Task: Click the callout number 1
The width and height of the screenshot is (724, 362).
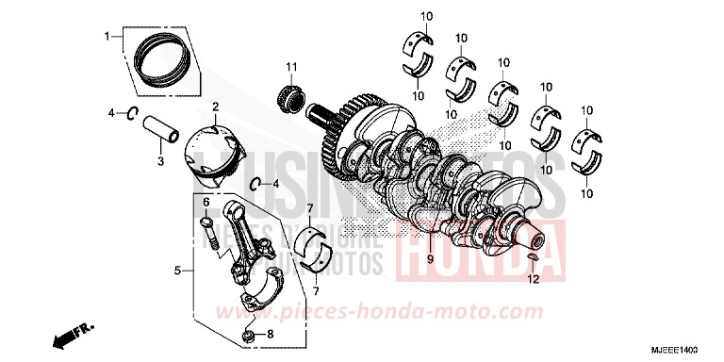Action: tap(107, 37)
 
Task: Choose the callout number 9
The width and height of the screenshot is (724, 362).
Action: tap(429, 258)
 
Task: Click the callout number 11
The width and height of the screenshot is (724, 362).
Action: tap(291, 65)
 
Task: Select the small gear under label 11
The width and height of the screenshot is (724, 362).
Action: tap(290, 95)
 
